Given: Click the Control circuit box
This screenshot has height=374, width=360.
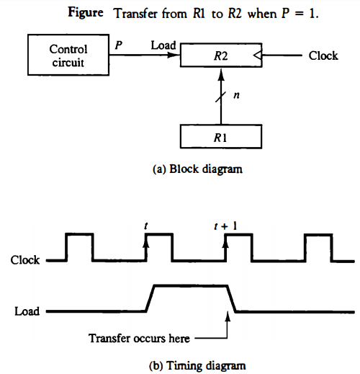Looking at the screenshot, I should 68,56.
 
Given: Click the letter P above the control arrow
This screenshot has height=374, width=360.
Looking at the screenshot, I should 119,45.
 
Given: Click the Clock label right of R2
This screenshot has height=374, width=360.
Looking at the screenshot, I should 323,55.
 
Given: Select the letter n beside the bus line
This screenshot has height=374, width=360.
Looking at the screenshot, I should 235,94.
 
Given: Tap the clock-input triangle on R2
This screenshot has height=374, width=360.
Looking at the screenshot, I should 256,55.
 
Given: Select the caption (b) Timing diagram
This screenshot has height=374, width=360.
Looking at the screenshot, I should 197,365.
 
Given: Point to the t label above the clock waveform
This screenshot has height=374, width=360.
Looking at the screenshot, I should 146,225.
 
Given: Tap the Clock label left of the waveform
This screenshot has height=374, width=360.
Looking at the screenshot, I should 25,260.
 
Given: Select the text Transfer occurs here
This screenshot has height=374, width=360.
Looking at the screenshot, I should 140,337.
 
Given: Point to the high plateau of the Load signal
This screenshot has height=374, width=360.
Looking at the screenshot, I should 189,286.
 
